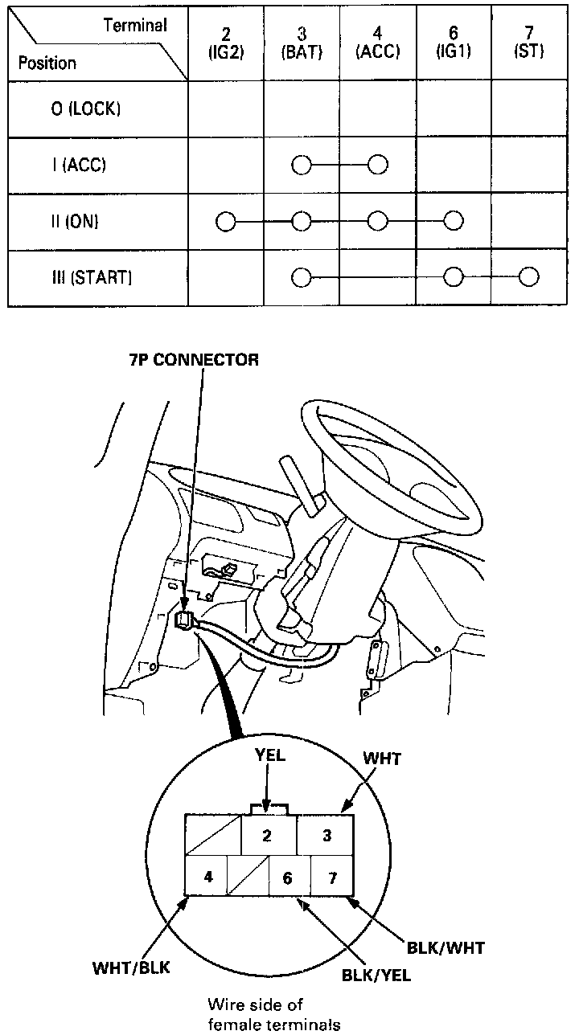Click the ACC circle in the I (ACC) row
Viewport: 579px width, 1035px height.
[377, 166]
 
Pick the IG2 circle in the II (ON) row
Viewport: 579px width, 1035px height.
[226, 221]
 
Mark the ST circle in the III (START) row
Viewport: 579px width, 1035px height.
[528, 277]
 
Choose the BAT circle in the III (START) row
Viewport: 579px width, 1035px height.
[301, 277]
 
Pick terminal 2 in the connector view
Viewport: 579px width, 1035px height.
[267, 836]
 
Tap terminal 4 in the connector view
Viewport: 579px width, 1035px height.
[208, 876]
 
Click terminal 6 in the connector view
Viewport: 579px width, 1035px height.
[288, 877]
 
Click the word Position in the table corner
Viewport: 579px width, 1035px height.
[47, 63]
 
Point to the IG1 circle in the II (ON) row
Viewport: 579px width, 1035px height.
[453, 221]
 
